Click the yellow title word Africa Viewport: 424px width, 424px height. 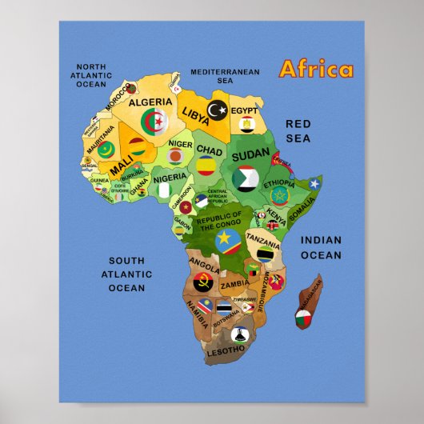click(x=315, y=69)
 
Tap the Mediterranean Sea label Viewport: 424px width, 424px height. click(x=225, y=76)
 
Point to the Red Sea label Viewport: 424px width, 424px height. click(x=298, y=130)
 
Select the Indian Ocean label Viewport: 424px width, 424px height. click(x=321, y=247)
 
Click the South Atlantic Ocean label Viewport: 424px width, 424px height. click(x=126, y=274)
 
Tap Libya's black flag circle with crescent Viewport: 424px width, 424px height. click(x=217, y=108)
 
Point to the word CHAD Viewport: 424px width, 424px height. click(x=210, y=150)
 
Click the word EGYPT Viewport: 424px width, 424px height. click(x=246, y=110)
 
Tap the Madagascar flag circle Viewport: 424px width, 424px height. click(x=302, y=321)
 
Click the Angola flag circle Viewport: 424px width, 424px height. click(x=202, y=282)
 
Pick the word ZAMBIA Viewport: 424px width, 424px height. click(x=235, y=284)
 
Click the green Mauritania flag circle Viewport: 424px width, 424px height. click(x=106, y=148)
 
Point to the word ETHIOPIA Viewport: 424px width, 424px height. click(x=279, y=182)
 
